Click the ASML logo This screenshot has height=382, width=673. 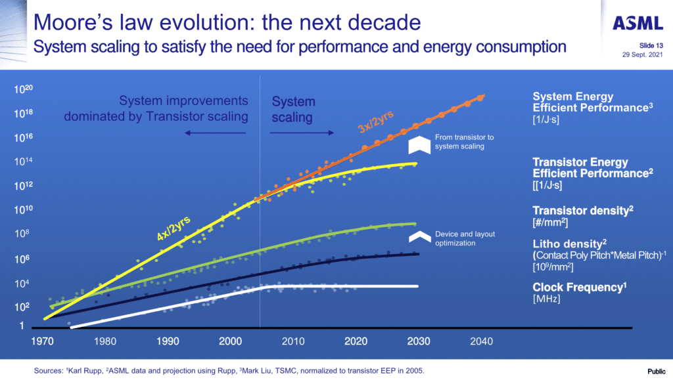point(638,23)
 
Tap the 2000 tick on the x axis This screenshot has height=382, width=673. point(231,341)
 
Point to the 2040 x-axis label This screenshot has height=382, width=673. point(482,341)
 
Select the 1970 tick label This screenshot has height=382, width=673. point(42,341)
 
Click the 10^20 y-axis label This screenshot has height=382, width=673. point(23,89)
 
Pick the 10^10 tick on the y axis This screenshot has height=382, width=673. point(23,209)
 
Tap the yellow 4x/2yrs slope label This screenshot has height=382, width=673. point(174,228)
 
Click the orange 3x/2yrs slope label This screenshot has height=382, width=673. point(375,122)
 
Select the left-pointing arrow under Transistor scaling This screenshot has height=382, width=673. point(215,133)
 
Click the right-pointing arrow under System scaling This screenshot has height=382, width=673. point(302,133)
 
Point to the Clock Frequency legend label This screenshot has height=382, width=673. point(580,287)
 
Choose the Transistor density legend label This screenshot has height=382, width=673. point(583,211)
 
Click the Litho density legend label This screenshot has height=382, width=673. point(570,244)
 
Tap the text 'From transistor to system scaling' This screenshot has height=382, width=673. point(464,142)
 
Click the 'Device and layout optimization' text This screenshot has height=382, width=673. point(465,238)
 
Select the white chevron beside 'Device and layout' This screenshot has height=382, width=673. point(420,237)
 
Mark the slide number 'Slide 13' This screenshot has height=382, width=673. point(651,45)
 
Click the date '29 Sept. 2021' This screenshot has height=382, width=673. point(643,54)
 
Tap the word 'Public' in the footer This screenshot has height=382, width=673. point(657,371)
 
